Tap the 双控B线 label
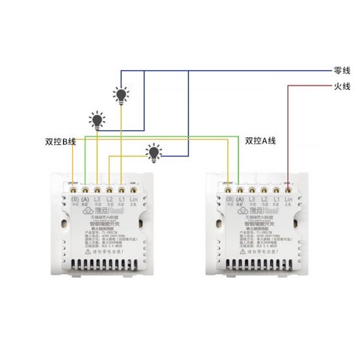(x=60, y=142)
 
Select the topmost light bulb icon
(x=122, y=94)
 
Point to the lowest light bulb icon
(x=155, y=152)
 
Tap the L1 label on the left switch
(x=121, y=199)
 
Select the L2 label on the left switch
(x=109, y=199)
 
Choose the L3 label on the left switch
(x=98, y=199)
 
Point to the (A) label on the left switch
(x=86, y=199)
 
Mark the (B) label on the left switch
(x=75, y=199)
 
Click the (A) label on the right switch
(x=240, y=199)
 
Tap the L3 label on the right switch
(x=252, y=199)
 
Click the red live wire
(x=289, y=132)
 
